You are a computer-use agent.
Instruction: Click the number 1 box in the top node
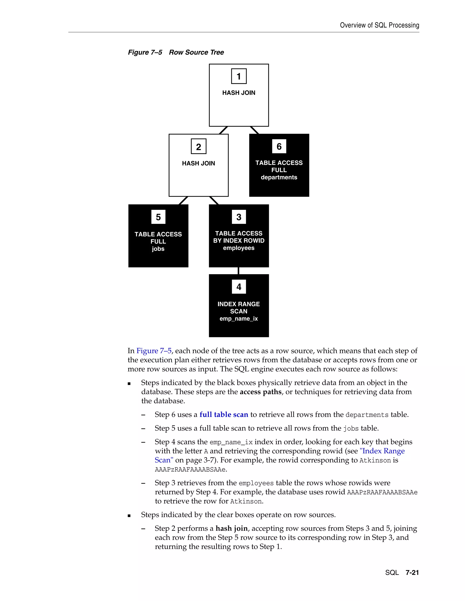239,76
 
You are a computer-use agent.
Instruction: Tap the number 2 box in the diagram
198,147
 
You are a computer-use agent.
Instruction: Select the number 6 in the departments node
279,147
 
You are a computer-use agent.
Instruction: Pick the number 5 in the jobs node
158,217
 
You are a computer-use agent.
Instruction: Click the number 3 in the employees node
239,217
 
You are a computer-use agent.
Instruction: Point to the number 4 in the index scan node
239,287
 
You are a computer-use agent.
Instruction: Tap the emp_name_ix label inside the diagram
239,319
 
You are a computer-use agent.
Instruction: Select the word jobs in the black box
158,249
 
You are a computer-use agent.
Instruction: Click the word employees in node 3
239,248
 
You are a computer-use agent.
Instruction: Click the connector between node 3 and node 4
239,271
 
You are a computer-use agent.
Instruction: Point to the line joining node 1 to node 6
255,130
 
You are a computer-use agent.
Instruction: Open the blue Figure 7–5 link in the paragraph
154,351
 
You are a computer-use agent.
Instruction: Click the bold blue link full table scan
224,414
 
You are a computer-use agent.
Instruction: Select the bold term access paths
261,392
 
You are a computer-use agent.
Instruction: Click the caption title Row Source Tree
196,52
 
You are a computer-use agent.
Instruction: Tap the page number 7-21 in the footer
412,573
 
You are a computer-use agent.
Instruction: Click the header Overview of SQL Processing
379,25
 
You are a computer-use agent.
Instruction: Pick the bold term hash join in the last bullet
232,528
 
